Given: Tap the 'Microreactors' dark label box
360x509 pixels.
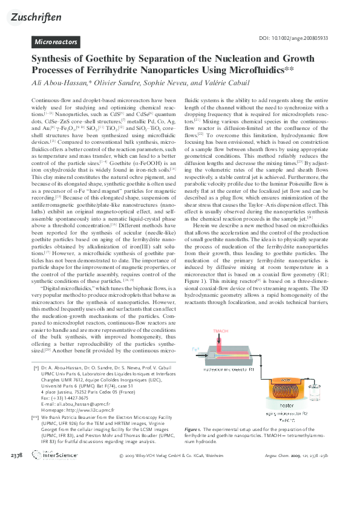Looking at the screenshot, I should (x=56, y=42).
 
